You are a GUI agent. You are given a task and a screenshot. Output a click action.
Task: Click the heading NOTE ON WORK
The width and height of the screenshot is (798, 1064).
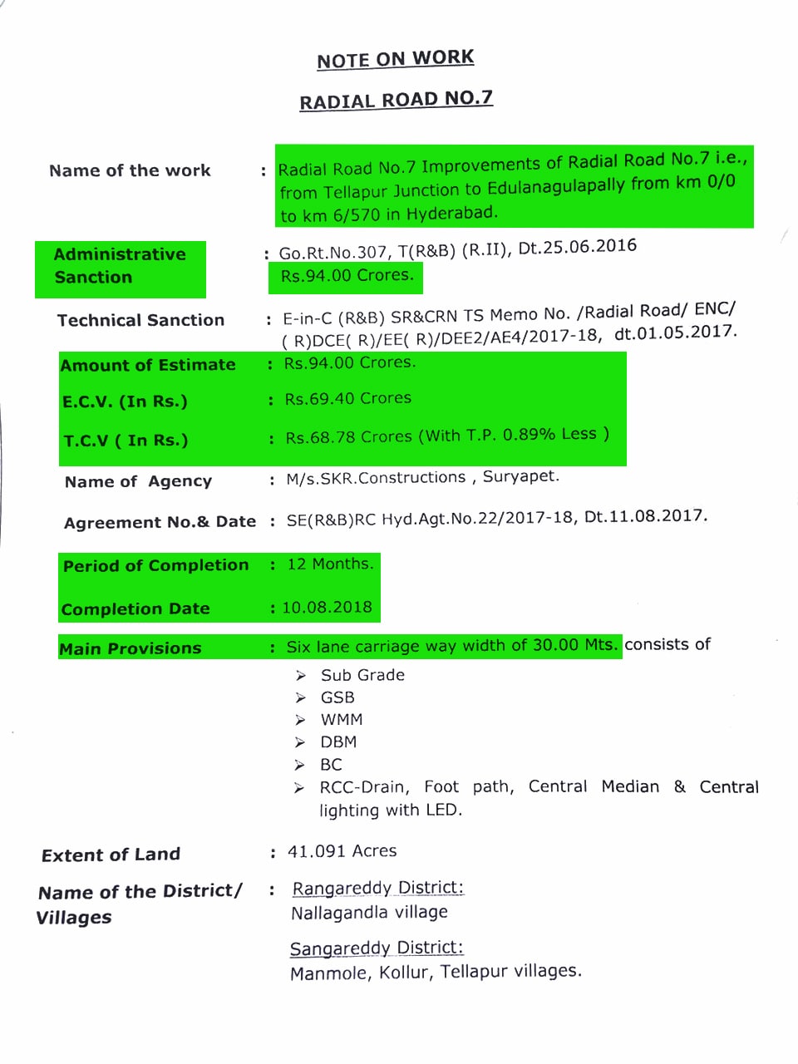396,59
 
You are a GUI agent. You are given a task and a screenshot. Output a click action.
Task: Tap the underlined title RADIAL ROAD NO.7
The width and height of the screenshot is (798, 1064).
396,100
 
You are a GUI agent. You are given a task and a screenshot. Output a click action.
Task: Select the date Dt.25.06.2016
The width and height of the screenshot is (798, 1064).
577,247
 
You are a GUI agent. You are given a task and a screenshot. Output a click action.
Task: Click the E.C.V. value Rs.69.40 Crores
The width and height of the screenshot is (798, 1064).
347,399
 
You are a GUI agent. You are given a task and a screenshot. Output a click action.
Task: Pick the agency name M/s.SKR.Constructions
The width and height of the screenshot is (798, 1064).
376,478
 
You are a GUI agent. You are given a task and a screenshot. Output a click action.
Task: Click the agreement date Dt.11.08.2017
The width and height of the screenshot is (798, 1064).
646,516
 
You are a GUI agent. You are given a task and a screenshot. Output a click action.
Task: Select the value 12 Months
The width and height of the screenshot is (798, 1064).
330,564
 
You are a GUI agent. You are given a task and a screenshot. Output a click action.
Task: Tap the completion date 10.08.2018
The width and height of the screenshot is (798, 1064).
327,608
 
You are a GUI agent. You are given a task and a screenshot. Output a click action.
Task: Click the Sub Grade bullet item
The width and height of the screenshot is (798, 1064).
362,675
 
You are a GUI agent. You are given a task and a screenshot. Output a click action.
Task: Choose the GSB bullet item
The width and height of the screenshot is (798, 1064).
337,697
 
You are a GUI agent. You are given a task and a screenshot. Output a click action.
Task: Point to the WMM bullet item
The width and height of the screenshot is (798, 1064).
342,720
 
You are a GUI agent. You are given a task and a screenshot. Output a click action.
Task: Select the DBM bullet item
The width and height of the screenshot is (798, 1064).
338,741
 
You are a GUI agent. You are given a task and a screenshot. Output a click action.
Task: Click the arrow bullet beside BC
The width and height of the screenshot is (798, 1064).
299,765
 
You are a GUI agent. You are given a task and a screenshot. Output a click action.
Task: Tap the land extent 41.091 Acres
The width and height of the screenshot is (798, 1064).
342,851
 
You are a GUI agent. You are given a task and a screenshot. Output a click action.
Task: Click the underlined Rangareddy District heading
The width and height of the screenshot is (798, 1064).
377,888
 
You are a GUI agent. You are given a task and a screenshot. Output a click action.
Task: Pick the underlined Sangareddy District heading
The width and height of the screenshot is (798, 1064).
377,948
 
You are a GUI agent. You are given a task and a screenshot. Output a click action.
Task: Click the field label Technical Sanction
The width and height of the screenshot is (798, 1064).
140,320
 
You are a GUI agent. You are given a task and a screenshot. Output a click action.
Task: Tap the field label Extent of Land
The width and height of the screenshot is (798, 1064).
111,855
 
